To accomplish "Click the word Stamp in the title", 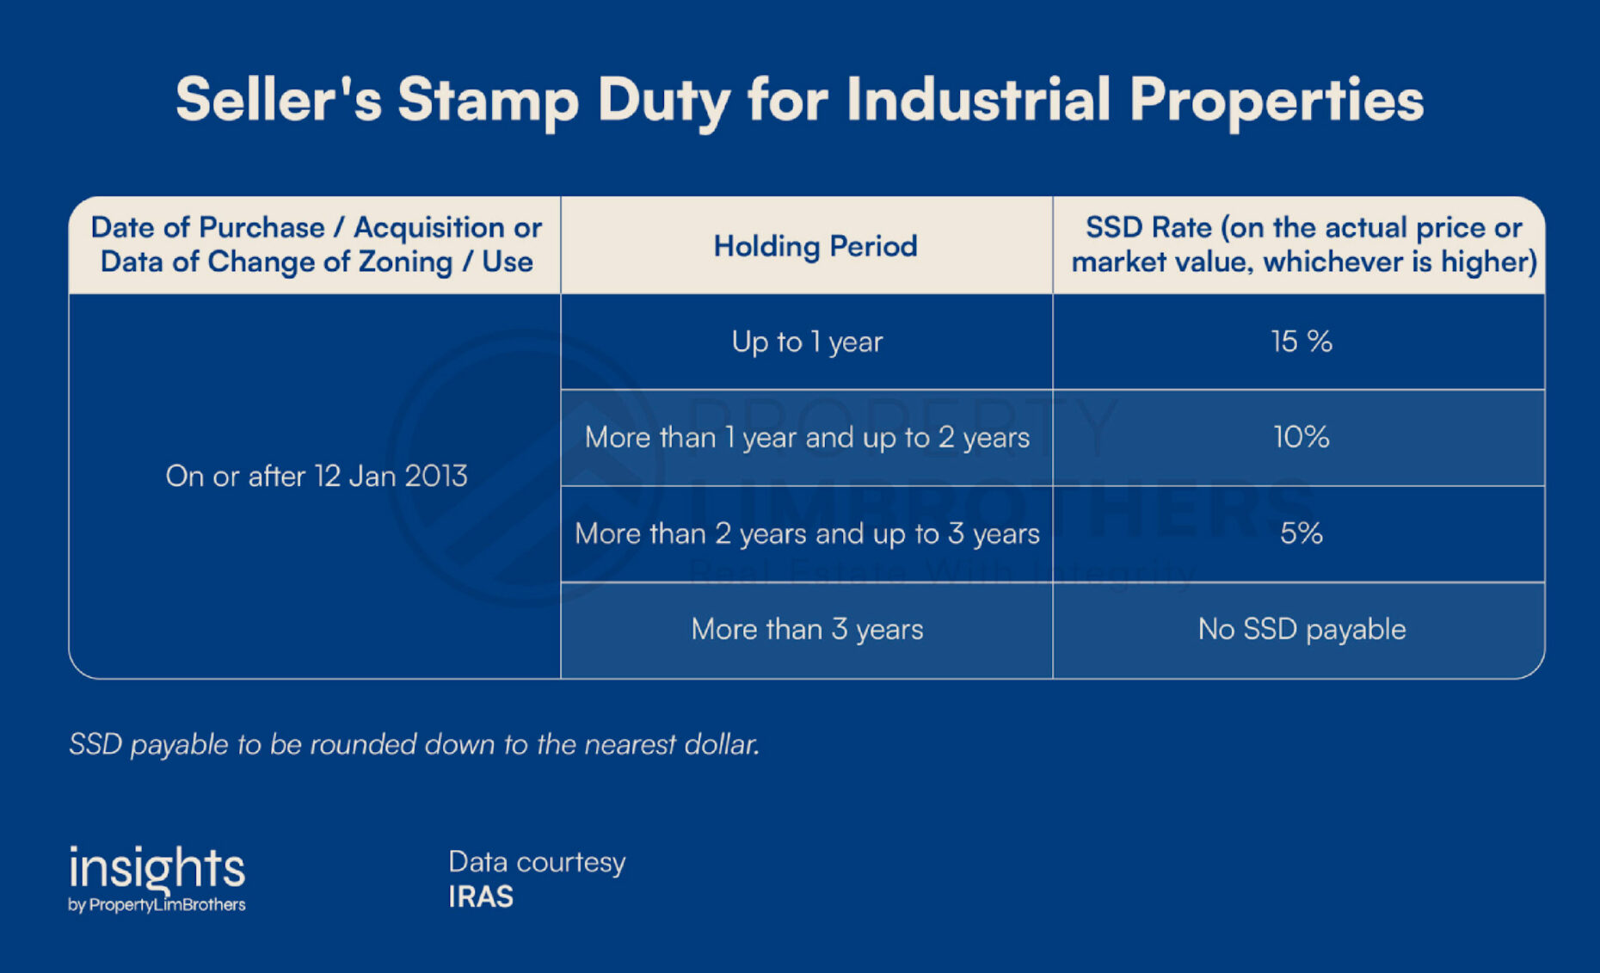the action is [x=488, y=101].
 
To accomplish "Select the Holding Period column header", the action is [x=815, y=246].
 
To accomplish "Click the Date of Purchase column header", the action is [x=316, y=244].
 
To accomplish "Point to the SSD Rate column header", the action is [x=1303, y=244].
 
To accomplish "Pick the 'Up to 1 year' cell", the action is [x=807, y=342].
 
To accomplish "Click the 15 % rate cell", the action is [x=1302, y=342].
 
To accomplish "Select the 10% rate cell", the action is [x=1302, y=437].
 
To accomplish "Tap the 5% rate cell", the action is [x=1302, y=533].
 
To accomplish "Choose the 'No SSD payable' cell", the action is [x=1302, y=630].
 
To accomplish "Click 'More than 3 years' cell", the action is [x=807, y=630].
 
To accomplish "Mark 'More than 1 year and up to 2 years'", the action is [x=807, y=438].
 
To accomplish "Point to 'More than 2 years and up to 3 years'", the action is [x=807, y=534].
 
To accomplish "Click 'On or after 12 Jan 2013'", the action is [x=316, y=476].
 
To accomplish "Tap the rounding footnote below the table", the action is [x=414, y=744].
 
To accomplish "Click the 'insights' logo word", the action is [x=157, y=868].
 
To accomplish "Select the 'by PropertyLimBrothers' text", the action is [x=157, y=905].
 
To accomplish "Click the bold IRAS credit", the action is [x=481, y=897].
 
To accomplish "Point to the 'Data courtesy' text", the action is [x=537, y=862].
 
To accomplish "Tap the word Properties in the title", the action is [x=1277, y=101].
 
